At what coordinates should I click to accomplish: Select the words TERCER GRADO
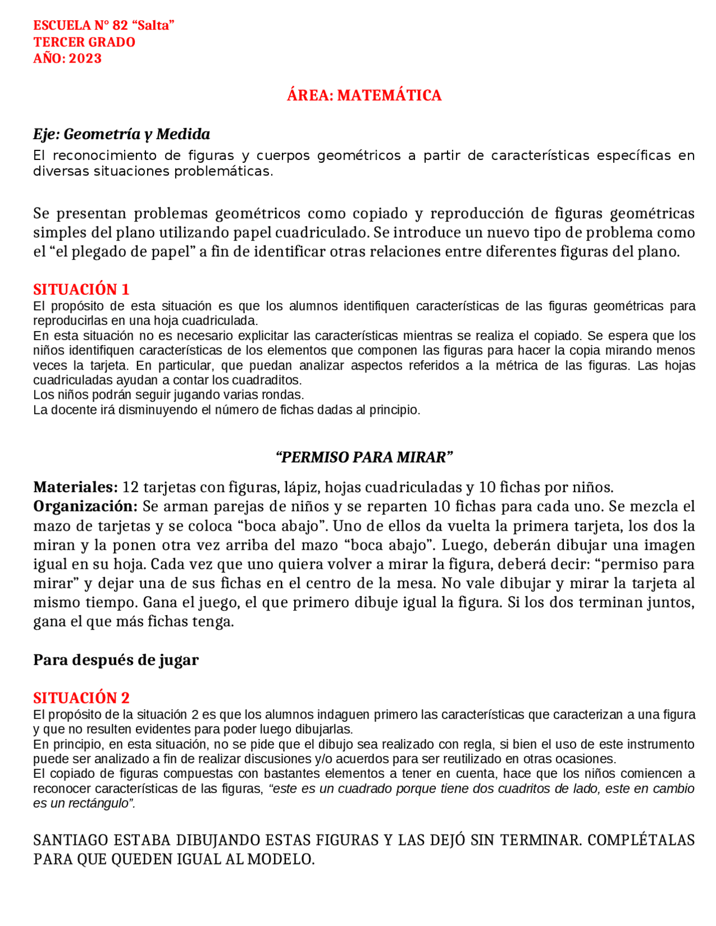coord(84,42)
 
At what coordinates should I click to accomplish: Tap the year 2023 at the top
coord(85,59)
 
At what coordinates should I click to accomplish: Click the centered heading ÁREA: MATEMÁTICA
coord(364,96)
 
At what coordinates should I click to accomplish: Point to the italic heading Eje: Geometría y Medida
coord(121,134)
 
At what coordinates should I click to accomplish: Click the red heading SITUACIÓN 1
coord(81,289)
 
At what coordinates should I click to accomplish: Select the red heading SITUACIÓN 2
coord(81,698)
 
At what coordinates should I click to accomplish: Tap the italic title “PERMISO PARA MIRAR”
coord(364,457)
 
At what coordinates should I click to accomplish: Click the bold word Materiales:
coord(76,487)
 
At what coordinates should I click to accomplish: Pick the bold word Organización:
coord(85,507)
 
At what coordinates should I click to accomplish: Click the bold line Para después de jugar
coord(116,660)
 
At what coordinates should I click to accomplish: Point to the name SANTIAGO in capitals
coord(70,840)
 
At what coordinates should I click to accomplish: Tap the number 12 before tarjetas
coord(130,487)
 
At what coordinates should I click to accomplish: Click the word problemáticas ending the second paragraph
coord(223,172)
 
